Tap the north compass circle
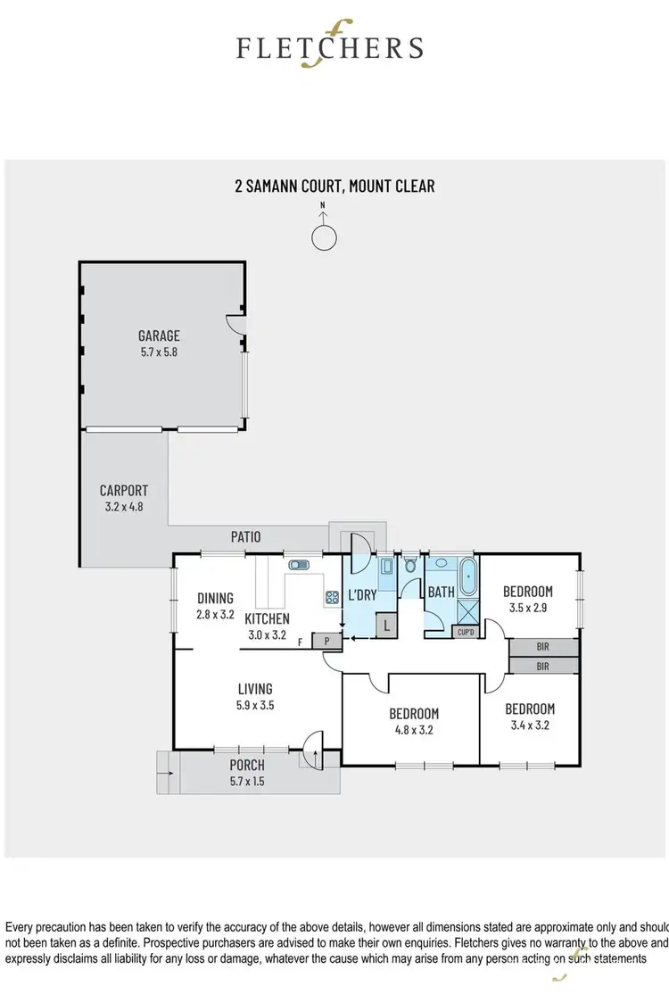tap(324, 237)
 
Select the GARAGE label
tap(159, 336)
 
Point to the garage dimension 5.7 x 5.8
tap(159, 352)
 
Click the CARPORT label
tap(123, 490)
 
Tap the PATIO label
tap(245, 537)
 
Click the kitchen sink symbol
tap(298, 565)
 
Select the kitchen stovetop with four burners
tap(331, 598)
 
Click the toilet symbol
tap(410, 565)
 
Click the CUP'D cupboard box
tap(466, 632)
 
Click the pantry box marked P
tap(327, 640)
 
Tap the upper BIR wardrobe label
tap(543, 647)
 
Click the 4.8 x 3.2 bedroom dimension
tap(414, 730)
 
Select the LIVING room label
tap(254, 688)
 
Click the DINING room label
tap(215, 598)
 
